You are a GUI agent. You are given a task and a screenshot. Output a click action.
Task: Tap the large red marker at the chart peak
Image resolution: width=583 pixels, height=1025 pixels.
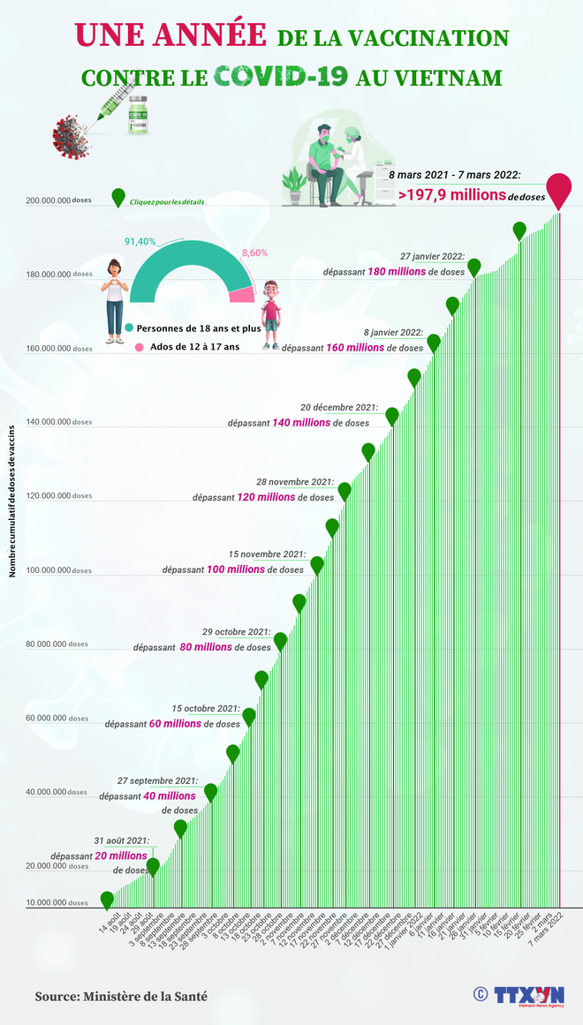(x=558, y=189)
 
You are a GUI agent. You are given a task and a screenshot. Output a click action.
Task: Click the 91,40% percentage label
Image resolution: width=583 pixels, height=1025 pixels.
(x=140, y=241)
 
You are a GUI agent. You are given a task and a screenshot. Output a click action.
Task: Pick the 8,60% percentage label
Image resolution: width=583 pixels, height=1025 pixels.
(x=254, y=252)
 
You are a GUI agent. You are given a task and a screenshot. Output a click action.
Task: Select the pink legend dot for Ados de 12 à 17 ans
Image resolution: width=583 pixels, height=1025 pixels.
(x=139, y=348)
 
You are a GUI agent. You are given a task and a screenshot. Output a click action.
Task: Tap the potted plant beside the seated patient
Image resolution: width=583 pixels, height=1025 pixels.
(x=293, y=181)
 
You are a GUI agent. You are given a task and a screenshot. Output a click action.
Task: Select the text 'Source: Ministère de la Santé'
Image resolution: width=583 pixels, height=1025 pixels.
(x=121, y=996)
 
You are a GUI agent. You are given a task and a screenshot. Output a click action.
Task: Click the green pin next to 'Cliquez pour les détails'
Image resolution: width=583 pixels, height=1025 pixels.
(x=118, y=199)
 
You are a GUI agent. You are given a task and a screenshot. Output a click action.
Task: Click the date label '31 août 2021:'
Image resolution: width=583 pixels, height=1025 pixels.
(x=122, y=840)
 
